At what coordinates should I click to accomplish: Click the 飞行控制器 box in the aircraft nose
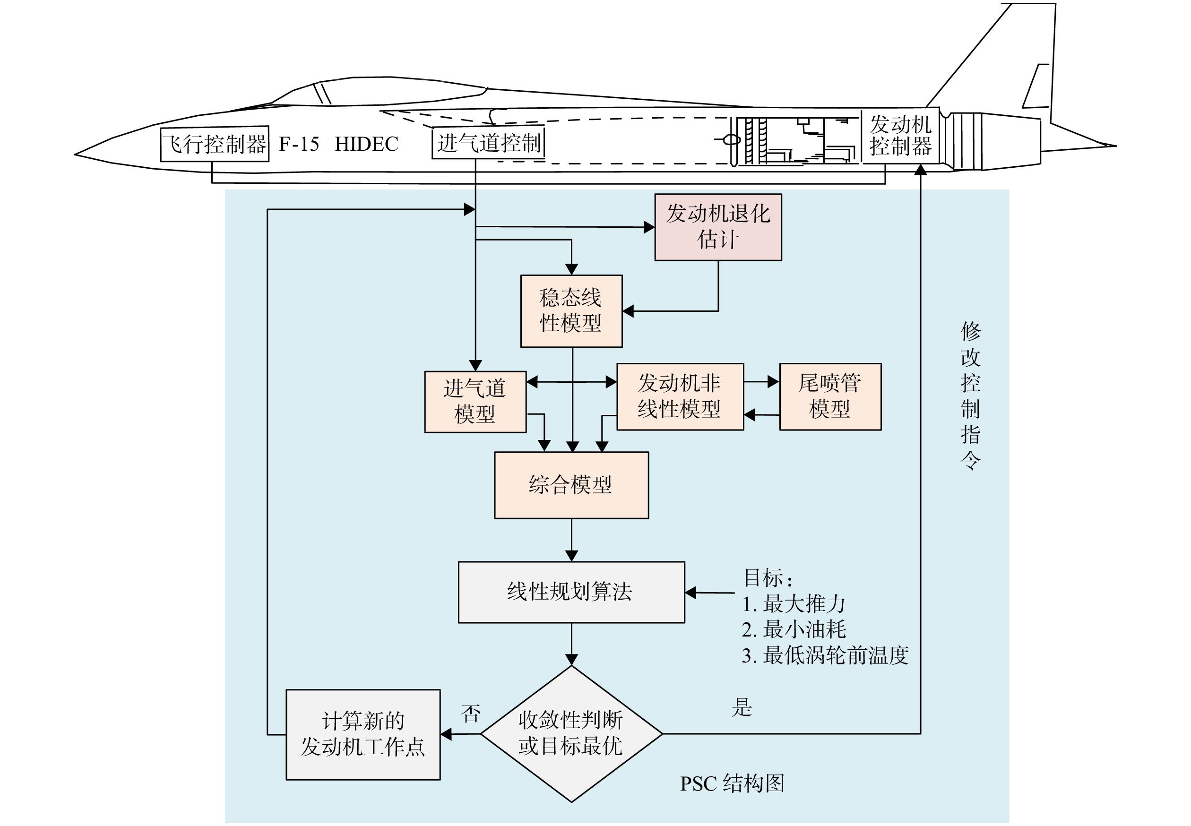click(x=214, y=144)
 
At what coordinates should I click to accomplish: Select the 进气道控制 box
click(x=488, y=142)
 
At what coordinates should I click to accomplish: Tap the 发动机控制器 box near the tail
click(x=900, y=136)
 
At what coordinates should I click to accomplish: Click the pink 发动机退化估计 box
click(x=718, y=227)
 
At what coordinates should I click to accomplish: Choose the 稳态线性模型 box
click(x=571, y=311)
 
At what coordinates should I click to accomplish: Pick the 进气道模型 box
click(x=475, y=402)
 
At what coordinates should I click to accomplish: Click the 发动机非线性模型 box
click(x=680, y=396)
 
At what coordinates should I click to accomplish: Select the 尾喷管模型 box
click(x=830, y=396)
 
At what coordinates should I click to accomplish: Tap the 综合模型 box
click(x=571, y=485)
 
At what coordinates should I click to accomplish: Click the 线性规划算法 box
click(x=571, y=592)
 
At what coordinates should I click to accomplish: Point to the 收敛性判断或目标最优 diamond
click(x=571, y=733)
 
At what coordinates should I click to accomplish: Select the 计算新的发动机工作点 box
click(x=363, y=734)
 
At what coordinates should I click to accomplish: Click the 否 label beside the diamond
click(x=471, y=714)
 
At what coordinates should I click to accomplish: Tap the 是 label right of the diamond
click(x=741, y=707)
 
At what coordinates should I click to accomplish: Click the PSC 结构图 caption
click(x=732, y=783)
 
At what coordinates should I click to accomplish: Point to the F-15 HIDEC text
click(x=338, y=144)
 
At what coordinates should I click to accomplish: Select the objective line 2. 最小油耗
click(x=794, y=629)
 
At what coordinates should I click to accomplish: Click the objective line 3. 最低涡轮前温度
click(x=825, y=655)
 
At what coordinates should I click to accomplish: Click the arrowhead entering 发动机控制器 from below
click(x=920, y=170)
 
